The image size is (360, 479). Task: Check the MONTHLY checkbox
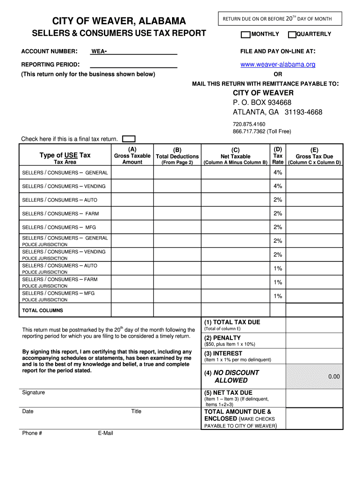tap(245, 34)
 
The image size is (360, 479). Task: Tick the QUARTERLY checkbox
tap(292, 34)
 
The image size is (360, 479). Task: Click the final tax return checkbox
tap(129, 139)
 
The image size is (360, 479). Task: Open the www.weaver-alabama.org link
tap(278, 65)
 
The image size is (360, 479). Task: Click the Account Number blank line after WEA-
tap(142, 51)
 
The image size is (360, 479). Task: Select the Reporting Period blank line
tap(133, 65)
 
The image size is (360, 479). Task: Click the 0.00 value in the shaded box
tap(334, 377)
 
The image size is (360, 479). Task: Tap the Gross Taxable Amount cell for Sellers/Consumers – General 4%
tap(132, 173)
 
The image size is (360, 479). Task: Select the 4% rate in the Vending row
tap(278, 186)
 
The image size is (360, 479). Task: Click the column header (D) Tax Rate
tap(278, 155)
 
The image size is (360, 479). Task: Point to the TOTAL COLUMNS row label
tap(43, 311)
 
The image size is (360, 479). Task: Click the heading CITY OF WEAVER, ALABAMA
tap(119, 21)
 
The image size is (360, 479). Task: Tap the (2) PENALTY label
tap(222, 338)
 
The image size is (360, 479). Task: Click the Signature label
tap(34, 392)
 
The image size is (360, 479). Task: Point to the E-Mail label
tap(106, 433)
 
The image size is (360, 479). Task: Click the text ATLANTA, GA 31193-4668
tap(277, 112)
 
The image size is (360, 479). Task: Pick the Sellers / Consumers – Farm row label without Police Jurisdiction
tap(61, 214)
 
